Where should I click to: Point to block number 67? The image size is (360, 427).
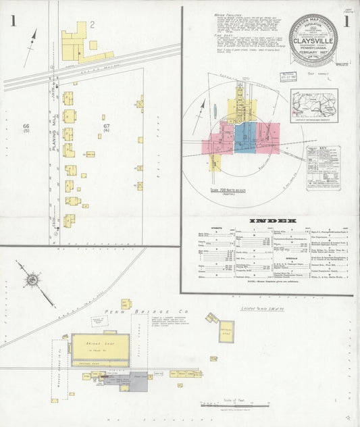[106, 128]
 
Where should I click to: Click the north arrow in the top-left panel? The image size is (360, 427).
[30, 47]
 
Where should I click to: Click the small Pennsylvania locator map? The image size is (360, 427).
[314, 105]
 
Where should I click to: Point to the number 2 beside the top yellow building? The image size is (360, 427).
[93, 25]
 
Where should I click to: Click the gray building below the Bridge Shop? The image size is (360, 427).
[138, 383]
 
